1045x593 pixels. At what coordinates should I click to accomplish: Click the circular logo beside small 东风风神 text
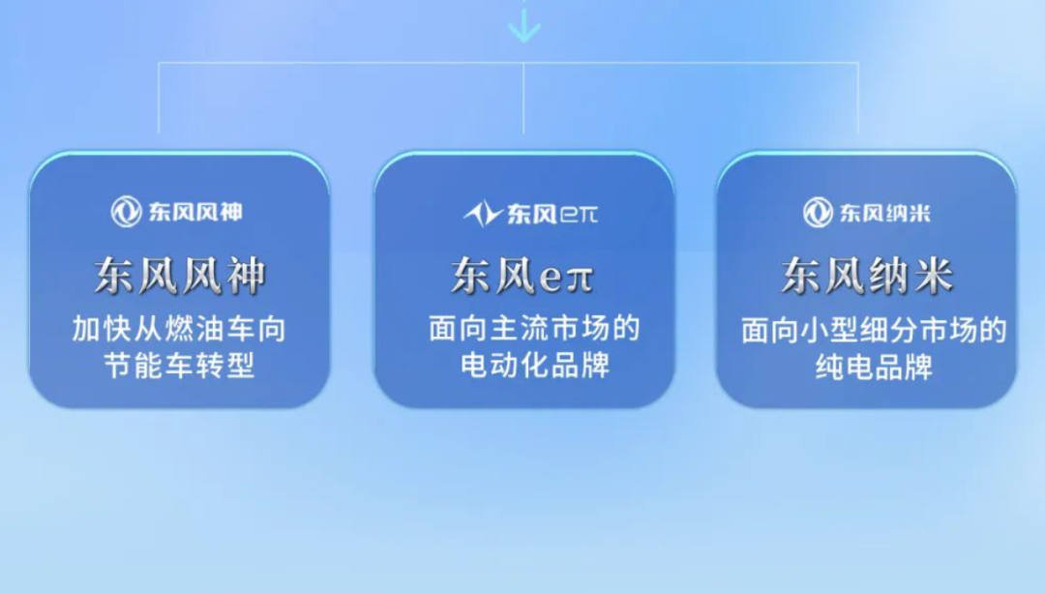pyautogui.click(x=126, y=212)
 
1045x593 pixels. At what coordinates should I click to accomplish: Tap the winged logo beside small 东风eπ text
pyautogui.click(x=483, y=214)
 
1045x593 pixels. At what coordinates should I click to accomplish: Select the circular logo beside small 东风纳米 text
pyautogui.click(x=818, y=213)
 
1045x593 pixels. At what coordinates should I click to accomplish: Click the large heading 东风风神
pyautogui.click(x=180, y=276)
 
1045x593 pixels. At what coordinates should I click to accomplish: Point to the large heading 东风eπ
pyautogui.click(x=522, y=276)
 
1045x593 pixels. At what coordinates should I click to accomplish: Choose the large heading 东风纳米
pyautogui.click(x=867, y=276)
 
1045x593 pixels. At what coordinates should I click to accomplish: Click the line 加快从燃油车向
pyautogui.click(x=179, y=329)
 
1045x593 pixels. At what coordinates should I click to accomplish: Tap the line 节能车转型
pyautogui.click(x=179, y=365)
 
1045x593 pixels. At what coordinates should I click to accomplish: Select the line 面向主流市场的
pyautogui.click(x=534, y=329)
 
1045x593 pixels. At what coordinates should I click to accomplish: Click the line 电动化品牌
pyautogui.click(x=535, y=365)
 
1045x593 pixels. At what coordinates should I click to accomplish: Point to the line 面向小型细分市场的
pyautogui.click(x=874, y=330)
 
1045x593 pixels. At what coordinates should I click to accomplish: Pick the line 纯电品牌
pyautogui.click(x=874, y=367)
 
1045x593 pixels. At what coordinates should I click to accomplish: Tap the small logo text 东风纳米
pyautogui.click(x=885, y=213)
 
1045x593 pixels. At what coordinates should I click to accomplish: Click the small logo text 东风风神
pyautogui.click(x=195, y=213)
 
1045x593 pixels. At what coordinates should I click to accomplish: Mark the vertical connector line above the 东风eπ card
pyautogui.click(x=523, y=98)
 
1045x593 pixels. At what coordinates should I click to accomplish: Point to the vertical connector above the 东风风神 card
pyautogui.click(x=159, y=98)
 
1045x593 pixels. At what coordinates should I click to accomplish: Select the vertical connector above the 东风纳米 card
pyautogui.click(x=857, y=98)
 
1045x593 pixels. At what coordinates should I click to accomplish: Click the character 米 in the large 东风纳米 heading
pyautogui.click(x=933, y=276)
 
